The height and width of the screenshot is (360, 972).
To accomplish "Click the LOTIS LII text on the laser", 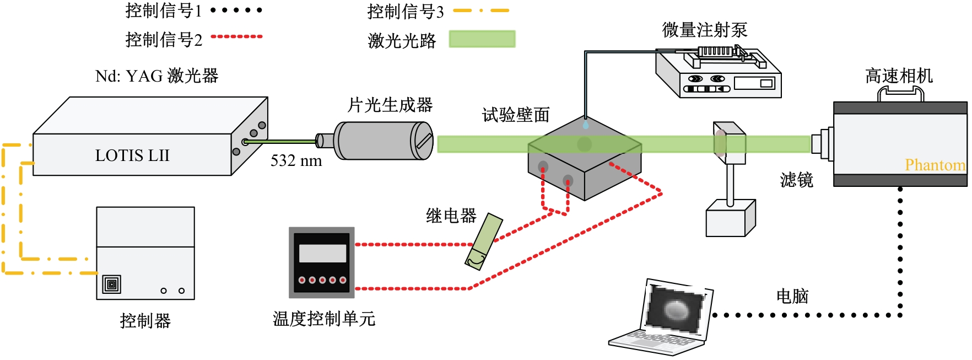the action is coord(132,155).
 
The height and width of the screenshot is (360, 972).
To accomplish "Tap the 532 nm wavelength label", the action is coord(296,161).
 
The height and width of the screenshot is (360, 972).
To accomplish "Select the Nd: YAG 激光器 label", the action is coord(157,76).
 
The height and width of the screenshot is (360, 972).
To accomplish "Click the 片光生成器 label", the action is coord(390,105).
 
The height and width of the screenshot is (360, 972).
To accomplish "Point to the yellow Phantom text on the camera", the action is coord(935,165).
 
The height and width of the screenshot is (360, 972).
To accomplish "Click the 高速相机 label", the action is coord(899,76).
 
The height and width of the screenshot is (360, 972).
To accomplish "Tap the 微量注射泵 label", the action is coord(705,30).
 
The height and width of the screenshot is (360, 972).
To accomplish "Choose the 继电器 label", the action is coord(451,216).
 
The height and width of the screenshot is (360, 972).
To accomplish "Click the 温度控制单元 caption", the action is coord(324,319).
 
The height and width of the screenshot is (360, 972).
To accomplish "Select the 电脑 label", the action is coord(792,296).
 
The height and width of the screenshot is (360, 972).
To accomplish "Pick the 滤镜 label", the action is coord(797,180).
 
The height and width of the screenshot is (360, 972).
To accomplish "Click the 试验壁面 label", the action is coord(516,115).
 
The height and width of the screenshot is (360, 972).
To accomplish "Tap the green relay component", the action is coord(484,241).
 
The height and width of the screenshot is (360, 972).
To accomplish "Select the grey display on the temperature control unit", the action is coord(322,254).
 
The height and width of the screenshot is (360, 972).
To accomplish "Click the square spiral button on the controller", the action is coord(111,284).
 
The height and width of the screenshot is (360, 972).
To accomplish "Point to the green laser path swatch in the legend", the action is coord(482,39).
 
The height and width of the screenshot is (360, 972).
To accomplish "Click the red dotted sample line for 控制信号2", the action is coord(237,36).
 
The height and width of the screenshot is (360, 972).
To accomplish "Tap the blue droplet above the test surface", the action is coord(585,125).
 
